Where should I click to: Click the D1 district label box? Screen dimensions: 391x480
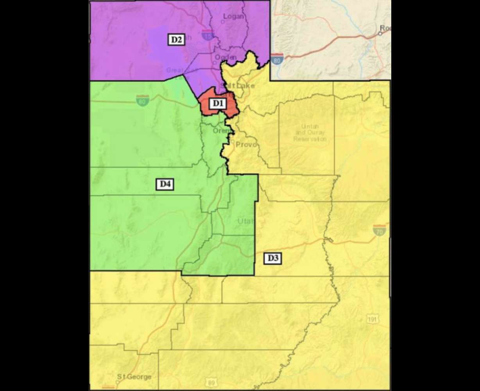[217, 104]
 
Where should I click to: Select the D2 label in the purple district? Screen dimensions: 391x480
[176, 39]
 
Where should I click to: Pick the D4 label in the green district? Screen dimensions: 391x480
[165, 184]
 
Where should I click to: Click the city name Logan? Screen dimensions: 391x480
[233, 16]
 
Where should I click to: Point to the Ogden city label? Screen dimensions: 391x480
[226, 57]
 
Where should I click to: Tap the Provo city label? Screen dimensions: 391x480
[246, 145]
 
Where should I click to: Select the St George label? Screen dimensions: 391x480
[134, 377]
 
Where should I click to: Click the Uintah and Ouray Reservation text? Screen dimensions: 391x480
[310, 133]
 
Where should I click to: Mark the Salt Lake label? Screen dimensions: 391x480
[237, 86]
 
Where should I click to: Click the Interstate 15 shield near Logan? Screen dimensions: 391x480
[208, 35]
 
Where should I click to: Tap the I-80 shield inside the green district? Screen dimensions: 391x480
[142, 100]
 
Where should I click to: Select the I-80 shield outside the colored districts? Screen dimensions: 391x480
[277, 59]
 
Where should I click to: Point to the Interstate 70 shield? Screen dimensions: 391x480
[379, 230]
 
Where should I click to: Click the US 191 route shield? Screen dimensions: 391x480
[373, 319]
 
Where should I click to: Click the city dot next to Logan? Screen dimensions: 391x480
[222, 22]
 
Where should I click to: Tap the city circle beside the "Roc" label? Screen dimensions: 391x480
[380, 34]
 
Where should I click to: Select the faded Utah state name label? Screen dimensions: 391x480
[245, 221]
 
